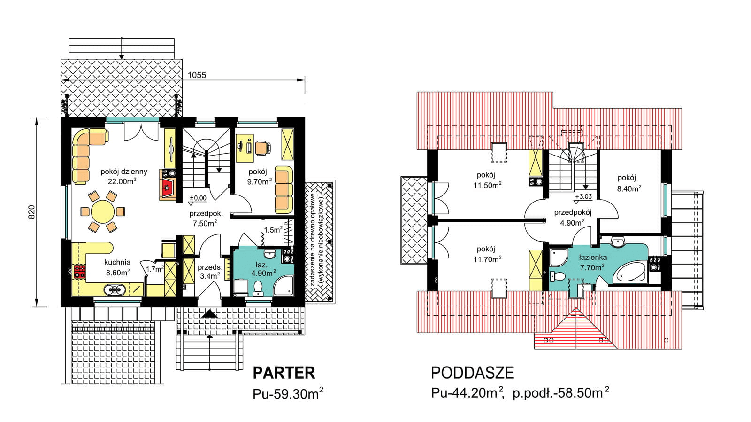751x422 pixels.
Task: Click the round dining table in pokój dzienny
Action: pyautogui.click(x=102, y=211)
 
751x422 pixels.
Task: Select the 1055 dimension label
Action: pyautogui.click(x=197, y=75)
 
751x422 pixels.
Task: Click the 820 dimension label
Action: pyautogui.click(x=31, y=211)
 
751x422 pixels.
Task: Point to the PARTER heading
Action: pyautogui.click(x=284, y=373)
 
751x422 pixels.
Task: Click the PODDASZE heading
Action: pyautogui.click(x=472, y=373)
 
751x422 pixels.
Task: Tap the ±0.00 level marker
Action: pyautogui.click(x=198, y=198)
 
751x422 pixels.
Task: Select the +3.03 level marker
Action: pyautogui.click(x=583, y=197)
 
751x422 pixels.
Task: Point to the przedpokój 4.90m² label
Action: pyautogui.click(x=572, y=218)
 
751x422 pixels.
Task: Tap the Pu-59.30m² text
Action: pyautogui.click(x=288, y=393)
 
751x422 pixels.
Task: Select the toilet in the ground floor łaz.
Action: pyautogui.click(x=258, y=288)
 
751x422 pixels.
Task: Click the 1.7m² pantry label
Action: pyautogui.click(x=154, y=269)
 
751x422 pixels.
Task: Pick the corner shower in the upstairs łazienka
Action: pyautogui.click(x=558, y=258)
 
